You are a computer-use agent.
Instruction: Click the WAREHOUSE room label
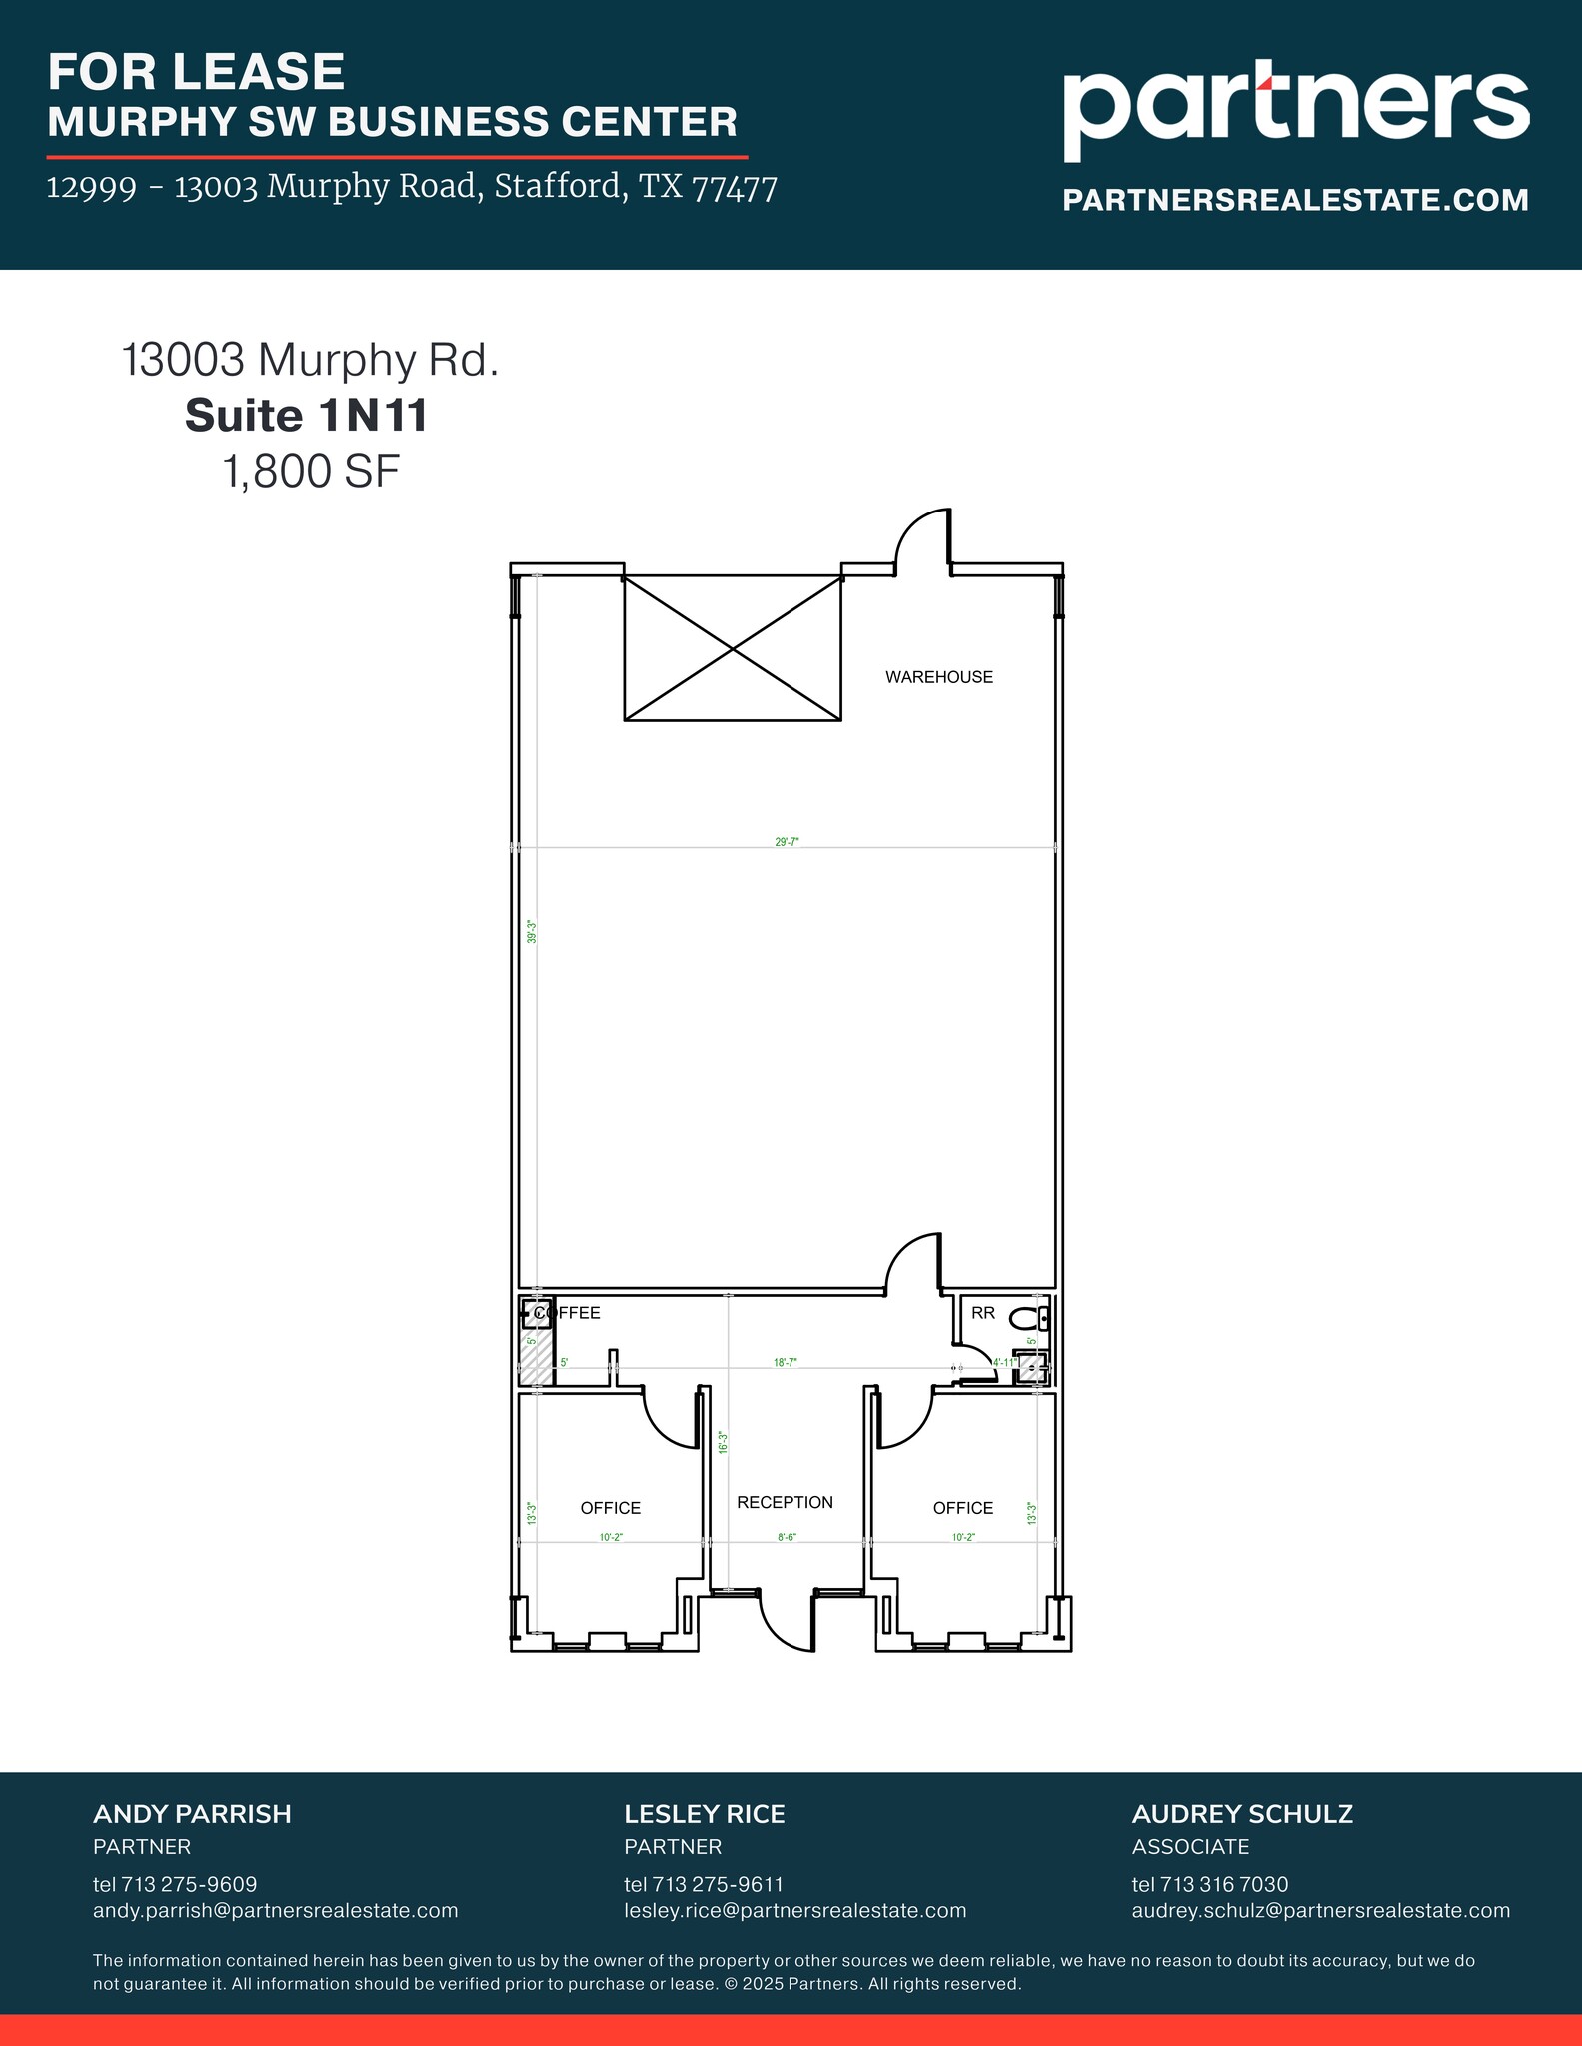pyautogui.click(x=938, y=677)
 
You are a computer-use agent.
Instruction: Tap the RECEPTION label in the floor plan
pyautogui.click(x=785, y=1502)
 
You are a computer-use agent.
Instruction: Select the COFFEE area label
pyautogui.click(x=568, y=1313)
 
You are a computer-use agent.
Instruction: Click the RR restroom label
pyautogui.click(x=983, y=1313)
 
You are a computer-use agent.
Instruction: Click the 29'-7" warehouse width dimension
pyautogui.click(x=787, y=842)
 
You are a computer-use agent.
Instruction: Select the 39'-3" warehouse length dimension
pyautogui.click(x=533, y=932)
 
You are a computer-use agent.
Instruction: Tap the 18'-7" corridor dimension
pyautogui.click(x=786, y=1362)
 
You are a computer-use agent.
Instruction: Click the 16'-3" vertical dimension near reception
pyautogui.click(x=722, y=1442)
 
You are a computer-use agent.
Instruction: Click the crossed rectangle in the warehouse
pyautogui.click(x=733, y=648)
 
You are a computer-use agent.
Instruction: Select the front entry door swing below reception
pyautogui.click(x=787, y=1620)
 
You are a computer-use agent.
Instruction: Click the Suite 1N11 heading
pyautogui.click(x=306, y=416)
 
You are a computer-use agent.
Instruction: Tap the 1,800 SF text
pyautogui.click(x=311, y=472)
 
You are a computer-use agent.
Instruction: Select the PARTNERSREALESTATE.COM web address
pyautogui.click(x=1295, y=200)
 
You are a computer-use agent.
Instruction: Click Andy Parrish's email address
pyautogui.click(x=275, y=1910)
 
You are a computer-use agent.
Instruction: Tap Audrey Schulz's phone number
pyautogui.click(x=1209, y=1884)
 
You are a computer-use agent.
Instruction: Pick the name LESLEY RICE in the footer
pyautogui.click(x=704, y=1814)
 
